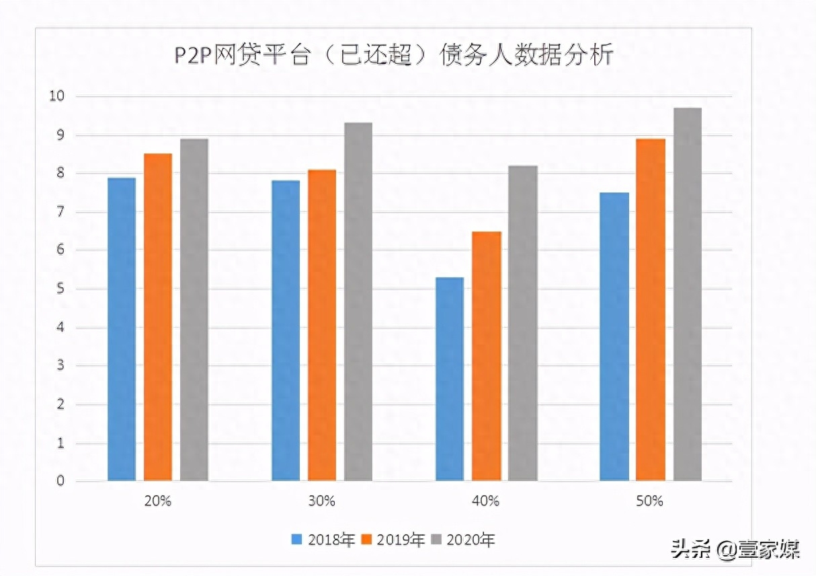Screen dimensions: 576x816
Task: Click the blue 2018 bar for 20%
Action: point(122,329)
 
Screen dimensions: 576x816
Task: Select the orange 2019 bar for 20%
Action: point(158,317)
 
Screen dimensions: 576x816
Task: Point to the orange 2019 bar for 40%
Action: point(486,356)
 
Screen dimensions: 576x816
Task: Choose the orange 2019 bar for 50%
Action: point(651,310)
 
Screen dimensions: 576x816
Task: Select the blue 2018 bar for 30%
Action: point(286,330)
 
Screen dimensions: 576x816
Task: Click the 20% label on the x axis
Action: point(157,501)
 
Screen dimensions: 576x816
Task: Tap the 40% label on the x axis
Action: point(486,501)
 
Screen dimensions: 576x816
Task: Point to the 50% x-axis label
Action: point(650,501)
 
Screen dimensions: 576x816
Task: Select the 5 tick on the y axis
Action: point(60,289)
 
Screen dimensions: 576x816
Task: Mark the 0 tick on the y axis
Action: point(60,481)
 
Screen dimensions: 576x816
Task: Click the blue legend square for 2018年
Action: point(297,540)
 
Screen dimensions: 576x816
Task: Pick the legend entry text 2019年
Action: point(401,540)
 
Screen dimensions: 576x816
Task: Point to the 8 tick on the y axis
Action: point(60,174)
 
